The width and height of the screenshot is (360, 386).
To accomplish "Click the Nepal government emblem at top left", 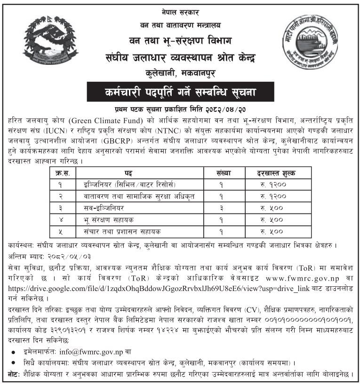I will [x=46, y=41].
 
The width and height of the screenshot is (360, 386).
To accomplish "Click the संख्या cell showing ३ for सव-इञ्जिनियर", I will [x=221, y=208].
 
